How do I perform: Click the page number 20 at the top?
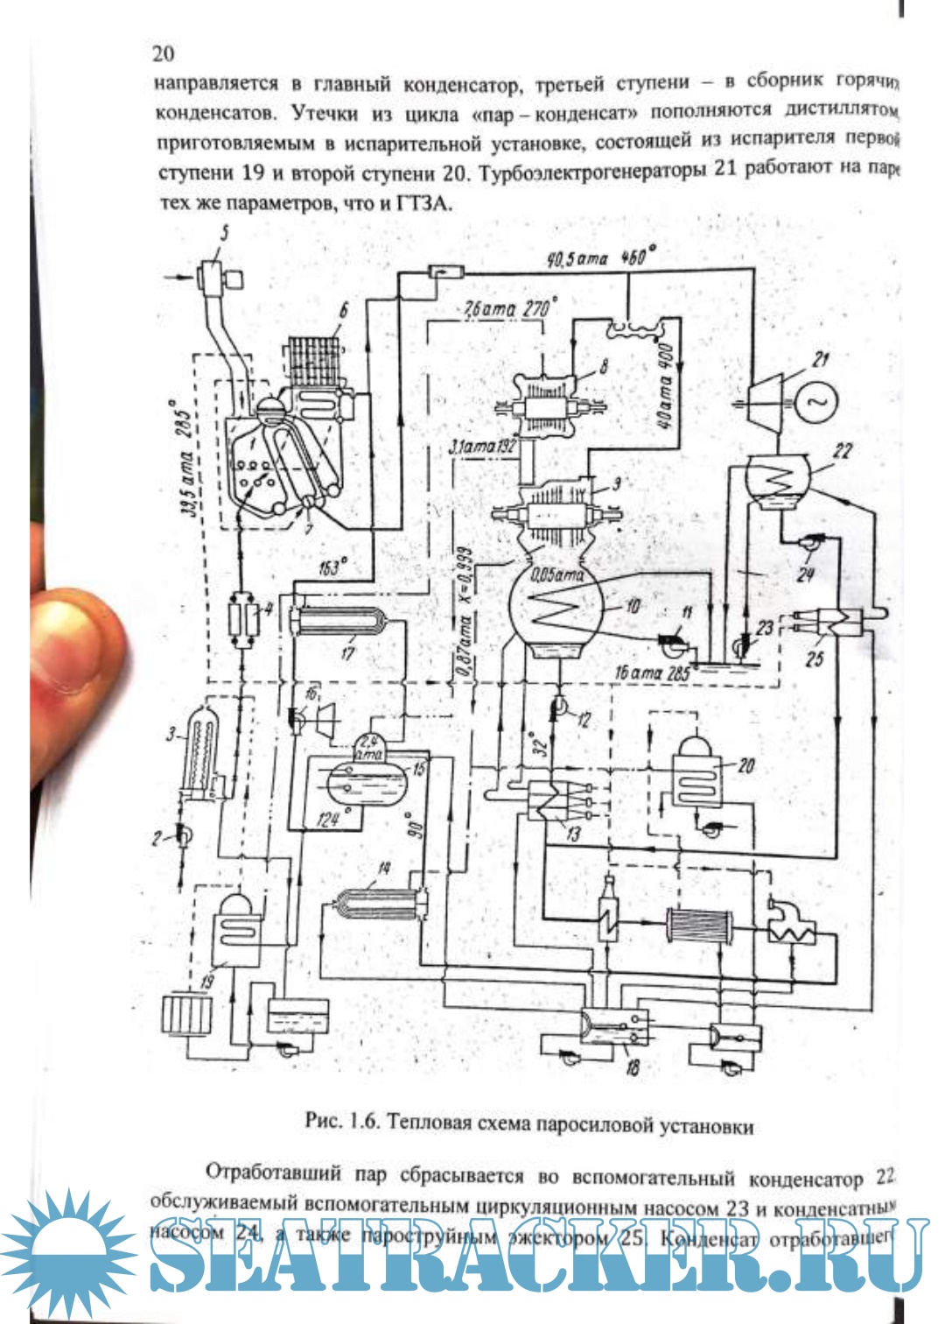point(164,53)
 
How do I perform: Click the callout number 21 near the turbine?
point(820,359)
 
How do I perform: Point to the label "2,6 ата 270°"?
point(507,310)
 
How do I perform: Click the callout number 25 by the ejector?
point(815,658)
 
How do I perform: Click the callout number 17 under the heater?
point(347,652)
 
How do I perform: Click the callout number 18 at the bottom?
point(632,1066)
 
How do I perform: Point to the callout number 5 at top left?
point(224,234)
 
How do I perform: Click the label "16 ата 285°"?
point(652,673)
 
